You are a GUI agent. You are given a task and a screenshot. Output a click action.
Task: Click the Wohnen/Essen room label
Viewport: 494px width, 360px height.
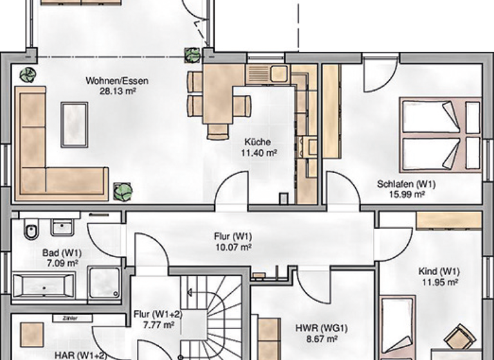[x=117, y=82]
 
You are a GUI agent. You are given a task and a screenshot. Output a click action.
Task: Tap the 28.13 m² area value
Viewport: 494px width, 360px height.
[x=117, y=91]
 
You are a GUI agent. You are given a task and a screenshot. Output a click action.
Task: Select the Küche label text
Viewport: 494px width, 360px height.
[x=257, y=142]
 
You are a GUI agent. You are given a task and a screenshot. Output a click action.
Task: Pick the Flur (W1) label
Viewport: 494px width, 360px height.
[x=232, y=236]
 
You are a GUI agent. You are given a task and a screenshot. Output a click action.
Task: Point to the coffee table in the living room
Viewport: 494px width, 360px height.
[x=74, y=124]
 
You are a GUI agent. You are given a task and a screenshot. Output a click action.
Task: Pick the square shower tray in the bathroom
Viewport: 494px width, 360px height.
[x=104, y=283]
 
